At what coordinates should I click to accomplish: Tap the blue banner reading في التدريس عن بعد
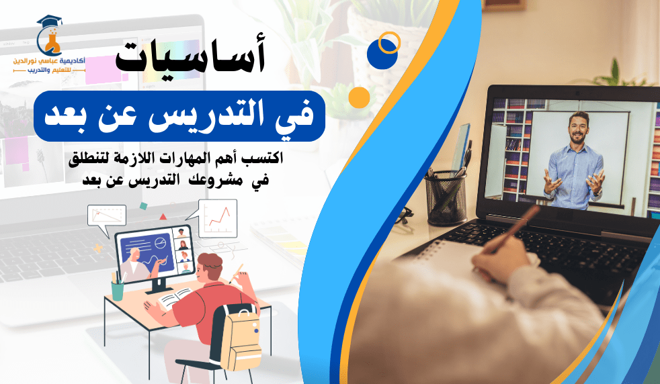coord(179,116)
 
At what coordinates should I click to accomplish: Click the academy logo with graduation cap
coord(49,44)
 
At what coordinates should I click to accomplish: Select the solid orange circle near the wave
coord(359,97)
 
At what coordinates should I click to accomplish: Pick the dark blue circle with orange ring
coord(383,51)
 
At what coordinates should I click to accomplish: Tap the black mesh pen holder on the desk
coord(446,198)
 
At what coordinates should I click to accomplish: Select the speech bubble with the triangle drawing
coord(106,218)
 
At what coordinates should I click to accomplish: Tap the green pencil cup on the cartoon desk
coord(118,291)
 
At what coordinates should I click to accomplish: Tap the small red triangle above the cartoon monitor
coord(163,217)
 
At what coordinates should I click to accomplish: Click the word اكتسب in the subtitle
coord(267,158)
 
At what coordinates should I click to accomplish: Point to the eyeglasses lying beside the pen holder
coord(403,217)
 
